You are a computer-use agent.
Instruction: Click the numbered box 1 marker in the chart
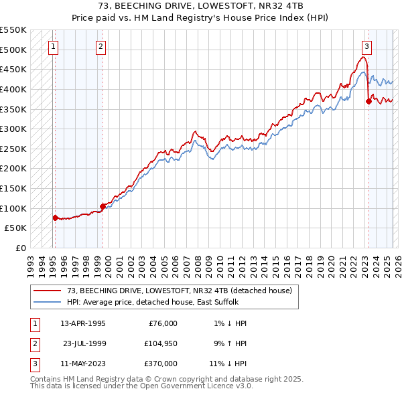pos(53,46)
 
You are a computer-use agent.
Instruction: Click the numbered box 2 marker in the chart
pos(100,46)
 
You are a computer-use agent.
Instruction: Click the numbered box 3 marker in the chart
pos(367,46)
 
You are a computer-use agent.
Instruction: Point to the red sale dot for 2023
pos(368,101)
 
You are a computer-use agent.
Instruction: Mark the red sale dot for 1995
pos(55,217)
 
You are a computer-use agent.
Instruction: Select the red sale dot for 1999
pos(103,206)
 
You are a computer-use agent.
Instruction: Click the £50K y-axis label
pos(16,228)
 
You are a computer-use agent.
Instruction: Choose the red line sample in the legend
pos(46,291)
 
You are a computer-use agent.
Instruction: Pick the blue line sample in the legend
pos(46,302)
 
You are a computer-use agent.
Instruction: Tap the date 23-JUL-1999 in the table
pos(84,343)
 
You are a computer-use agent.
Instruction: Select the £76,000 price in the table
pos(161,323)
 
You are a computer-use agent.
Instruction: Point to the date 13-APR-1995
pos(83,323)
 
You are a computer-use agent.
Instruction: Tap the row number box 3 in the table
pos(33,364)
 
